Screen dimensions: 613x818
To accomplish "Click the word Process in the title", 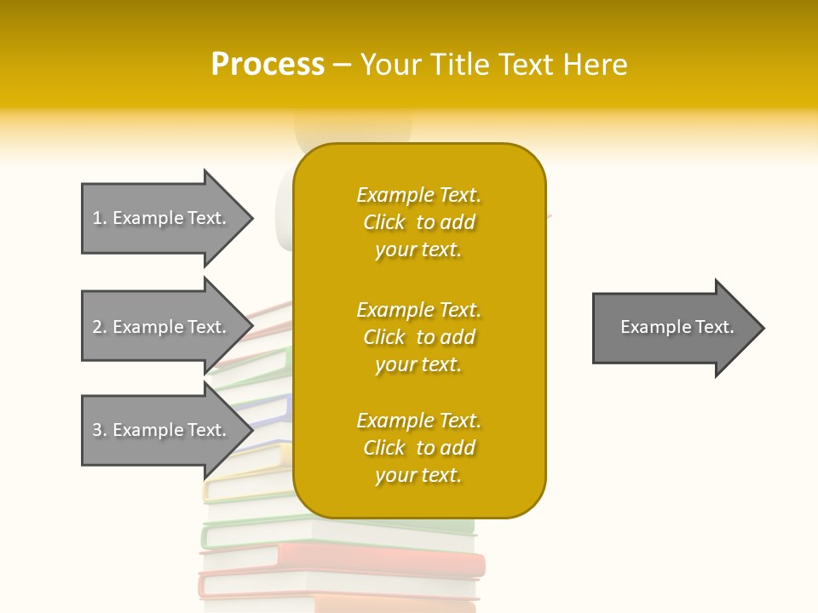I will coord(268,65).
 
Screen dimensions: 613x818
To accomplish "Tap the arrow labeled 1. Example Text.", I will coord(162,218).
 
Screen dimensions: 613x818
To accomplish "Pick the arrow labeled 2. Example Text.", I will coord(162,327).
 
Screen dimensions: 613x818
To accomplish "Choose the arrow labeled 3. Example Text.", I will coord(162,430).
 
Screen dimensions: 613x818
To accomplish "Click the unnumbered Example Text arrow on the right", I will coord(673,328).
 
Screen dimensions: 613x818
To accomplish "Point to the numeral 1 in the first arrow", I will coord(97,218).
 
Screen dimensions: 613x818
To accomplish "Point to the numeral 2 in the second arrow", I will coord(97,327).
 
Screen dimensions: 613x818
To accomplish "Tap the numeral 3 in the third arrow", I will coord(97,430).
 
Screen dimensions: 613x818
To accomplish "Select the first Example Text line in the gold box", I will coord(418,195).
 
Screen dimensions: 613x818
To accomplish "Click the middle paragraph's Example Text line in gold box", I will coord(418,310).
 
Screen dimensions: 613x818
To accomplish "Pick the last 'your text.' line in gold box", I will coord(418,475).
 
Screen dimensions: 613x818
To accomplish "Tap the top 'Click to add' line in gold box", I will coord(418,222).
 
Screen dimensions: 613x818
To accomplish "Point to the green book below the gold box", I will coord(256,534).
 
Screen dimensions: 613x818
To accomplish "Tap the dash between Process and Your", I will coord(342,65).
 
